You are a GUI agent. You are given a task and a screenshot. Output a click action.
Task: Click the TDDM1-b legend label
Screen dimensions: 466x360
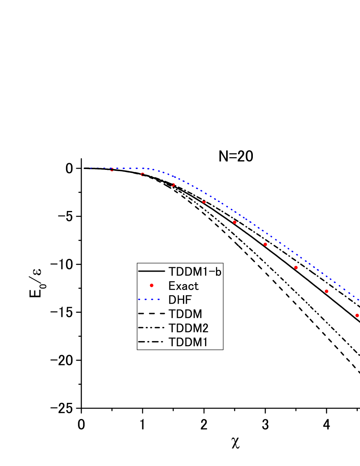195,272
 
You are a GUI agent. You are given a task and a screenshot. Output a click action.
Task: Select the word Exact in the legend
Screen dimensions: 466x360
183,286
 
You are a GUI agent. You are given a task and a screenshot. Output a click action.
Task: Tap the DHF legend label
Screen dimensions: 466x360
180,300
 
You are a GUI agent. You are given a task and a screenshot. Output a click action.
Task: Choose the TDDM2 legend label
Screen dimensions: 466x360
188,328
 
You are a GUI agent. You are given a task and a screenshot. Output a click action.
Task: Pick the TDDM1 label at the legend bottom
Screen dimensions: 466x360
188,342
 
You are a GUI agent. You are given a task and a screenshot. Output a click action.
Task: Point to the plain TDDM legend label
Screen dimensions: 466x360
185,314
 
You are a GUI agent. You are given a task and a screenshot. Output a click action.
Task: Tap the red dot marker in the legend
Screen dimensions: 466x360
151,286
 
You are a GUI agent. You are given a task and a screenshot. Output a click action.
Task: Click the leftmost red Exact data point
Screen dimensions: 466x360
112,170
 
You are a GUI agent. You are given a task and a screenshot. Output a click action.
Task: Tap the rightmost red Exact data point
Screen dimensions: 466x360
357,315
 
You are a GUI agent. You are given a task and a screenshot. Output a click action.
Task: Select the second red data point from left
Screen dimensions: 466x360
143,175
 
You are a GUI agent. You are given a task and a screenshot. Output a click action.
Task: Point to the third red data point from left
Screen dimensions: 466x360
173,185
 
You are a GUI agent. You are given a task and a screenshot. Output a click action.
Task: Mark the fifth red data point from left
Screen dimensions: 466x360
235,222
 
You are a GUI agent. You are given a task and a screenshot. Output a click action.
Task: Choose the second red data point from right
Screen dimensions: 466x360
327,291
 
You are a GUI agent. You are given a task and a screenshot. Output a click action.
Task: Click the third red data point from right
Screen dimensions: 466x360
296,268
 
